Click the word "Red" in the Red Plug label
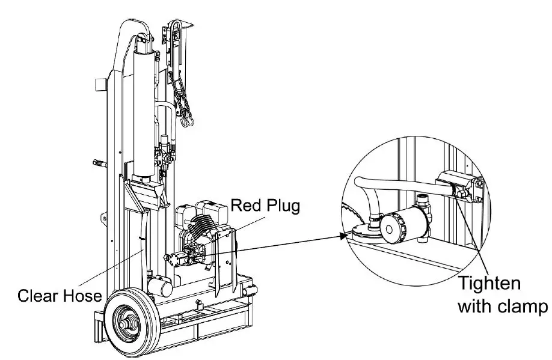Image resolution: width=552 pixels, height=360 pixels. (245, 207)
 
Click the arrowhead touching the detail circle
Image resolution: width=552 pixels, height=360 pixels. (343, 236)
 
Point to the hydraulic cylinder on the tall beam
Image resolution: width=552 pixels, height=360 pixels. (143, 114)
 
